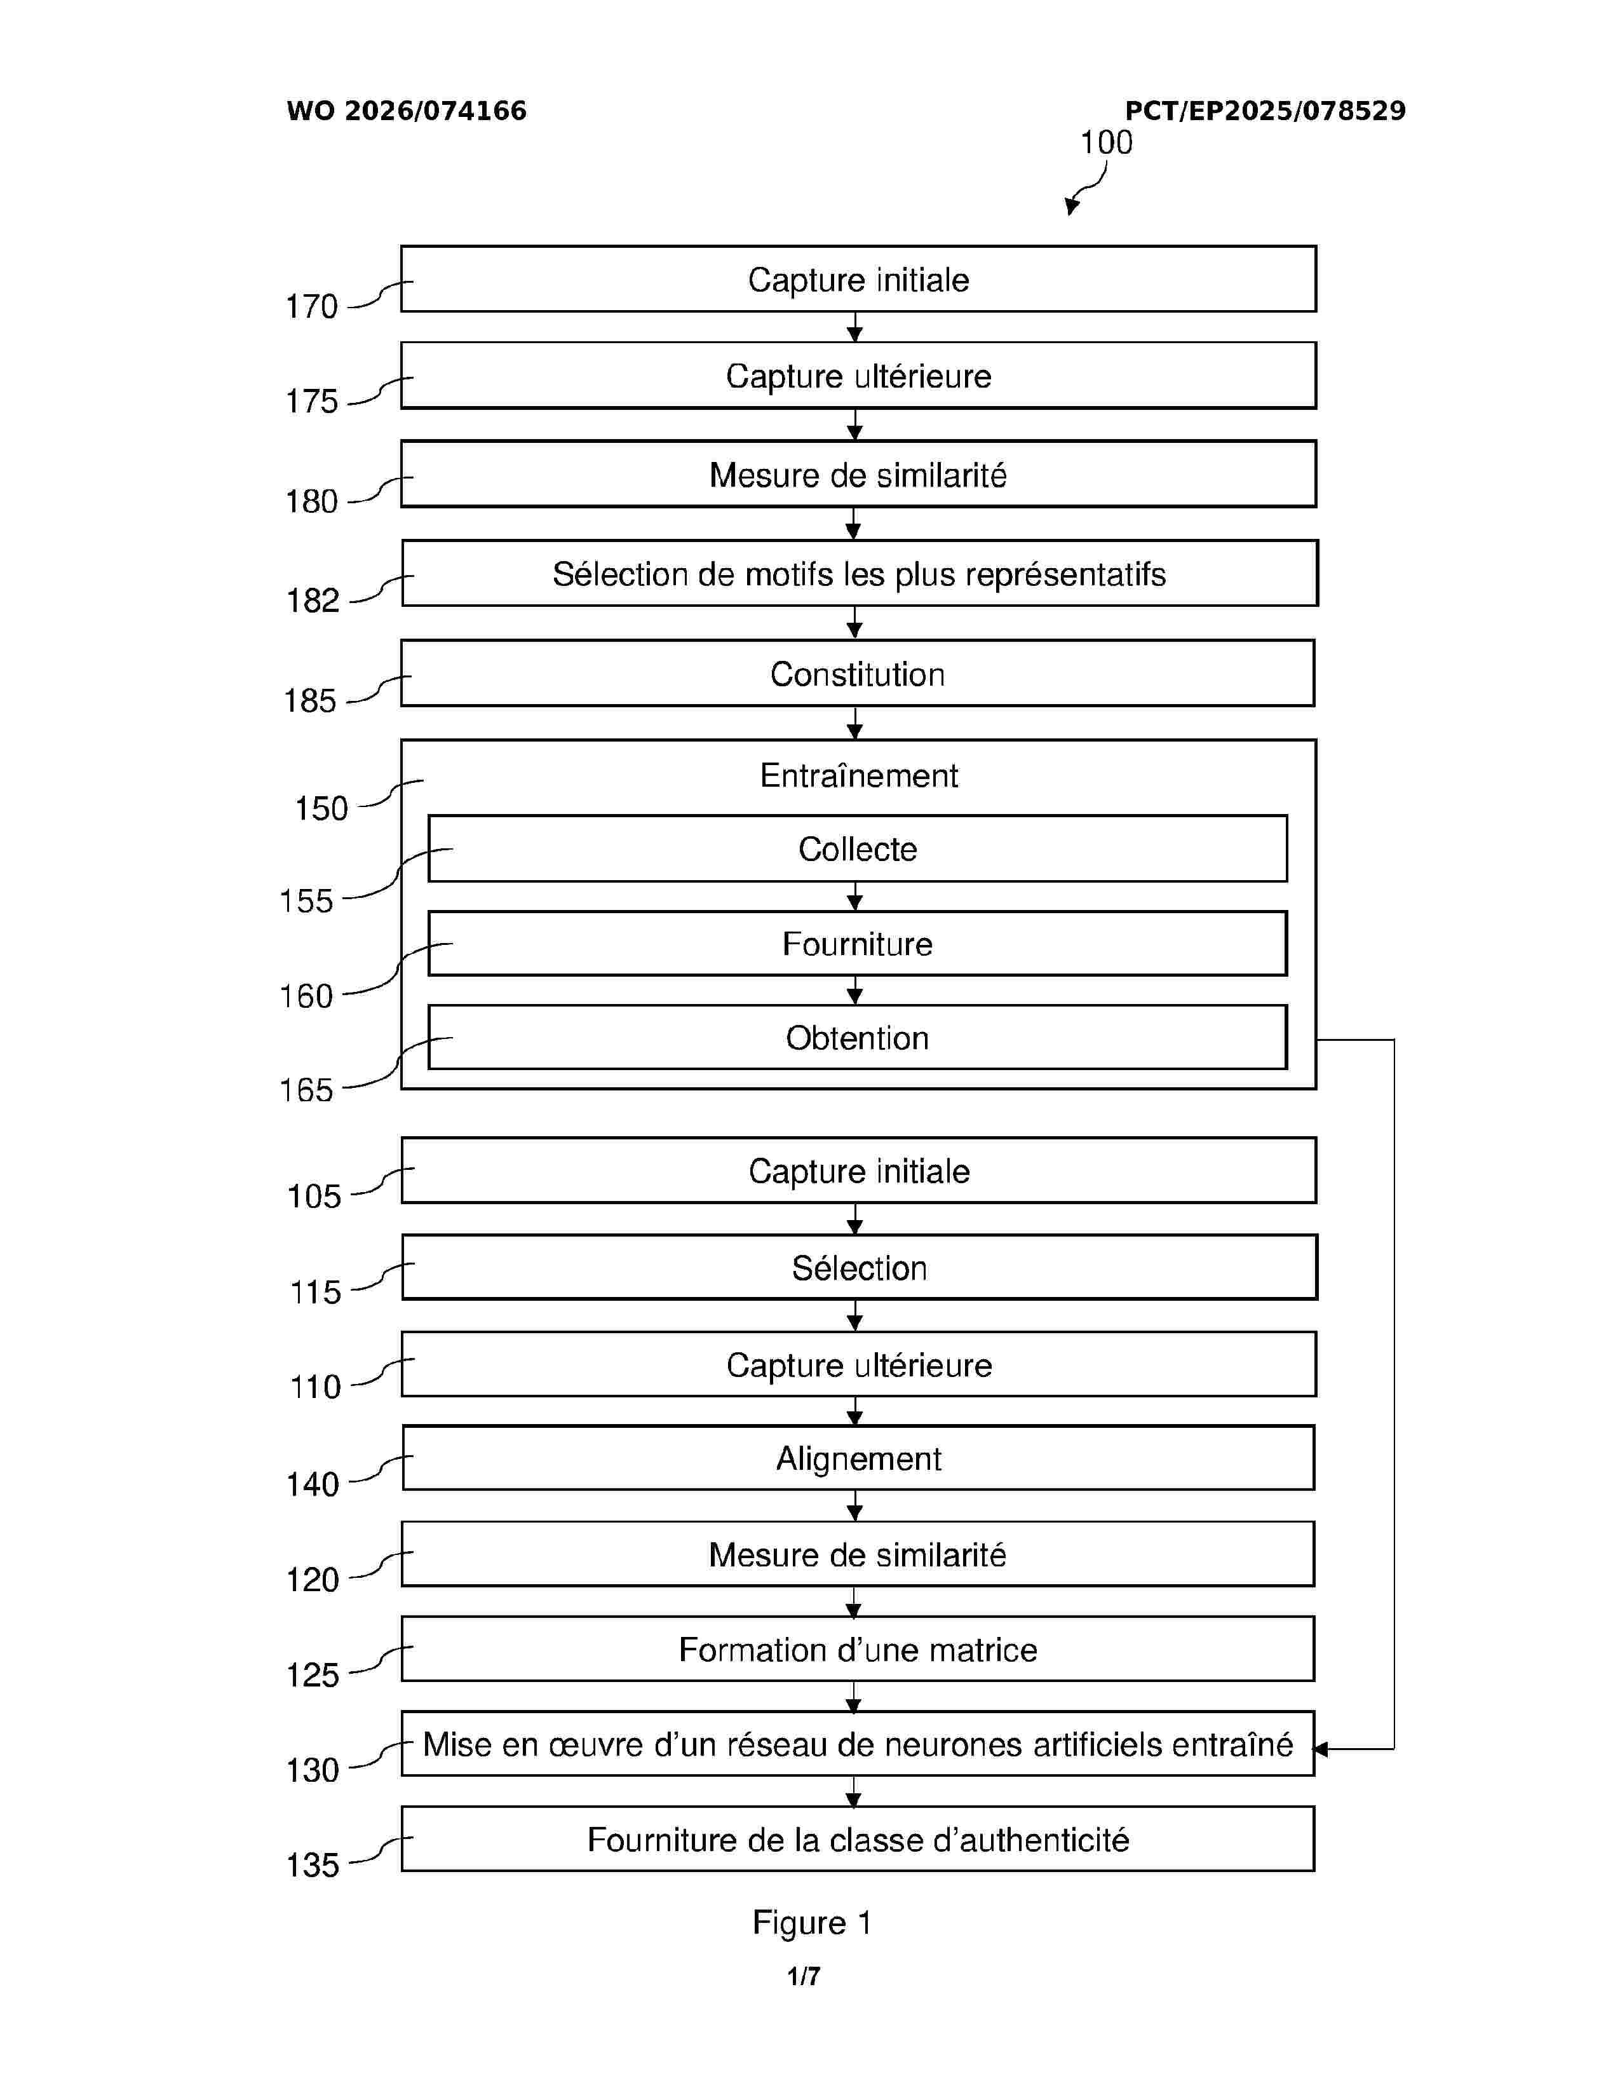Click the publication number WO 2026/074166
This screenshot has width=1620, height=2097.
pos(406,111)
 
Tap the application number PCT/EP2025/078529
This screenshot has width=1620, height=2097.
pos(1264,111)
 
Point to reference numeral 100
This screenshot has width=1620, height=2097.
pos(1105,142)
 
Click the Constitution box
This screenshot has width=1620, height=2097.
pos(857,674)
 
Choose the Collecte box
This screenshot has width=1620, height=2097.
pos(857,849)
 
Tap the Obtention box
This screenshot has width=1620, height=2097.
pos(857,1038)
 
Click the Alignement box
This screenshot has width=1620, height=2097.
pos(858,1458)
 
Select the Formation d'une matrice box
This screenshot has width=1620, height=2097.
pos(857,1650)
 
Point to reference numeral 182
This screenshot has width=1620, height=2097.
pos(313,601)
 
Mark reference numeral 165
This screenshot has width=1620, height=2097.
pos(306,1090)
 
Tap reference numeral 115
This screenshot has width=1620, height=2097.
pos(314,1293)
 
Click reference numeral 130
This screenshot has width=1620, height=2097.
pos(313,1770)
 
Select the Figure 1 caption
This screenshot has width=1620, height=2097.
pos(811,1924)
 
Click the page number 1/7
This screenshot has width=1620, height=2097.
pos(803,1976)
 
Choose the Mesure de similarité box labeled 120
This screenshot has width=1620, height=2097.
pos(857,1554)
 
